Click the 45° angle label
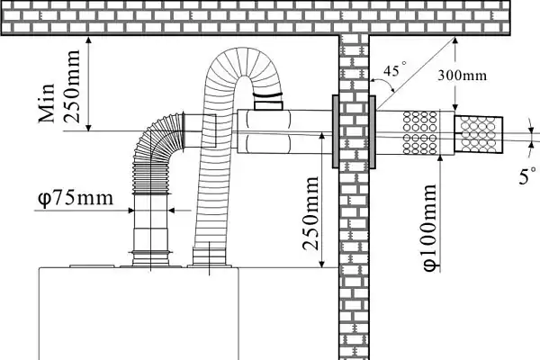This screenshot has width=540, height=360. point(395,70)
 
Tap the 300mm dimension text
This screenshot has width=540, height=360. point(463,76)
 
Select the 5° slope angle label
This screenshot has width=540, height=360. point(528,175)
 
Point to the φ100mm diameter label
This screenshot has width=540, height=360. point(429,228)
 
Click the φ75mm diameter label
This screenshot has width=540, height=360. point(76,198)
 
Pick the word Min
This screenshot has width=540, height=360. point(47,103)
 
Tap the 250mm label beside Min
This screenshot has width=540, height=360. point(72,86)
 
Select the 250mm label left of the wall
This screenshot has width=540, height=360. point(310,213)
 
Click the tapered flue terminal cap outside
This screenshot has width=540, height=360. point(479,134)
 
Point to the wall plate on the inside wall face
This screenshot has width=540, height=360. point(336,132)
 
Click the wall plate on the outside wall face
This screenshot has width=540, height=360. point(373,132)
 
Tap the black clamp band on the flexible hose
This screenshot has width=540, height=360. point(267,94)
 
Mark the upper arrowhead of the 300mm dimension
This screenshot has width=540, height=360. point(455,41)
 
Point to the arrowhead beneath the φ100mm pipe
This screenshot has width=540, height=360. point(441,158)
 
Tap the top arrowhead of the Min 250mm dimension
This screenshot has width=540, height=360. point(88,40)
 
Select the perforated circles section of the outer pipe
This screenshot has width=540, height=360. point(419,132)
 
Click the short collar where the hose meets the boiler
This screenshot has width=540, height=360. point(209,256)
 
